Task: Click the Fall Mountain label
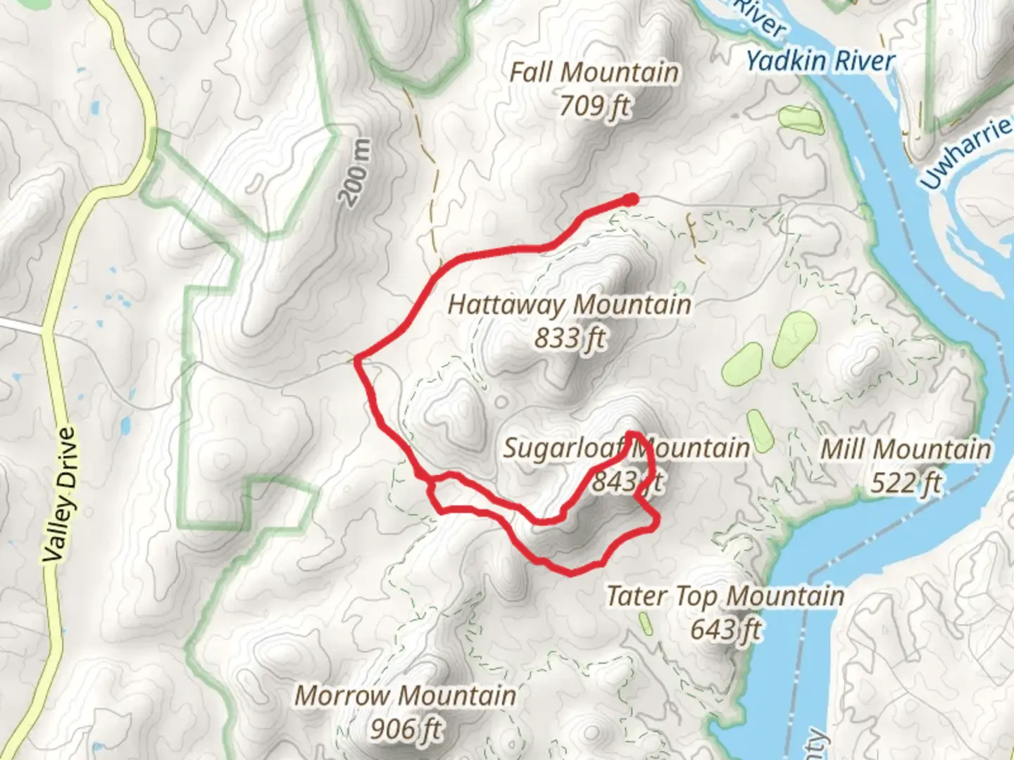click(x=594, y=72)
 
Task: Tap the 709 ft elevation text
click(x=595, y=106)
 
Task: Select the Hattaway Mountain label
click(x=569, y=305)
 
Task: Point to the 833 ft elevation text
click(x=570, y=338)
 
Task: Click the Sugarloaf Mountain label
click(x=625, y=448)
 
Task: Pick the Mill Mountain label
click(x=906, y=449)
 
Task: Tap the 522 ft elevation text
click(x=906, y=483)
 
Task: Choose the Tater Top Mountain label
click(x=725, y=596)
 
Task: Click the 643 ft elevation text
click(x=725, y=629)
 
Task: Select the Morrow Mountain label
click(x=405, y=696)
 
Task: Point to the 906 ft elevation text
click(x=406, y=729)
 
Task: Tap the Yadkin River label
click(x=820, y=61)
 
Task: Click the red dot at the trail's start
click(x=631, y=200)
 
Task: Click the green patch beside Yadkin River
click(x=801, y=120)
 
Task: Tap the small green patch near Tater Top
click(x=645, y=623)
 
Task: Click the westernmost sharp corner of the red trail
click(x=358, y=360)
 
